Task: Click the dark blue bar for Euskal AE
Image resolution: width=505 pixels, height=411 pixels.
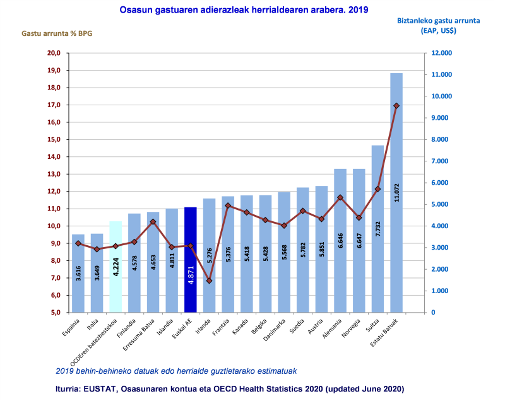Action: coord(190,259)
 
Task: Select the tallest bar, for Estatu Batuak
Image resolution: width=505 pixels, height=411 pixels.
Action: coord(396,192)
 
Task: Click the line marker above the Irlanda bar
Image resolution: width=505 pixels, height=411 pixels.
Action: coord(209,281)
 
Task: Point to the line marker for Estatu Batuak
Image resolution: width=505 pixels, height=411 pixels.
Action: coord(396,106)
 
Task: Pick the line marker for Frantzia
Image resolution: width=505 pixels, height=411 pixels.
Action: coord(228,205)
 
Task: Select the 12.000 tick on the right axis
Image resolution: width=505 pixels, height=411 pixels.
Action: coord(441,53)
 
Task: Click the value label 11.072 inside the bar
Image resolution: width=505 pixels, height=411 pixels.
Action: coord(396,189)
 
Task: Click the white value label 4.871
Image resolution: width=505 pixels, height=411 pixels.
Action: coord(191,274)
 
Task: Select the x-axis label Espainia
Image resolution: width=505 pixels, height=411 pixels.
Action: coord(71,327)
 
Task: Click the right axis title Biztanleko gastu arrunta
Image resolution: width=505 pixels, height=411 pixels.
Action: coord(438,20)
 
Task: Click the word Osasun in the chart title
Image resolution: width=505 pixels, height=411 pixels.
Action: coord(134,10)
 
